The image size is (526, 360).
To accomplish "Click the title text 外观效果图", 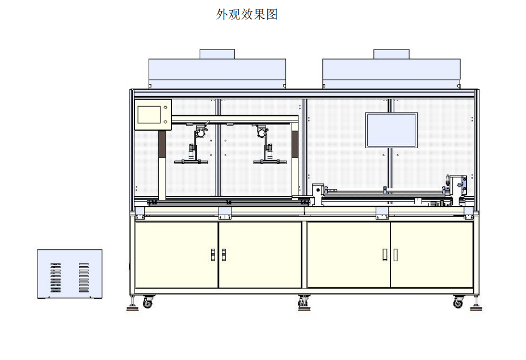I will coord(247,15).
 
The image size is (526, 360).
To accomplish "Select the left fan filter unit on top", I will coord(217,73).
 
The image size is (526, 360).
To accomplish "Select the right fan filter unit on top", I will coord(392,73).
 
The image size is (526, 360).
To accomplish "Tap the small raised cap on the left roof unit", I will coord(217,54).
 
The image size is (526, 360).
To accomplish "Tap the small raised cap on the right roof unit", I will coord(392,54).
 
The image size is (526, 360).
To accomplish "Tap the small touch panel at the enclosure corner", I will coord(153,115).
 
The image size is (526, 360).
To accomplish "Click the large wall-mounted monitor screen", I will coord(391,129).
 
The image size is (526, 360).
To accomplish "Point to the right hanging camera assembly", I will coord(266,145).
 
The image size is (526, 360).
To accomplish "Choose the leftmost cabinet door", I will coord(176,254).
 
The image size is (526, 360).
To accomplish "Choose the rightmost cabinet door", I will coord(431,254).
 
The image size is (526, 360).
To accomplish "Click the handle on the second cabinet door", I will coord(223,255).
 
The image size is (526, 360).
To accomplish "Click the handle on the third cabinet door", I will coord(385,255).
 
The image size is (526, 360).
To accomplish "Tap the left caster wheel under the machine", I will coord(148,303).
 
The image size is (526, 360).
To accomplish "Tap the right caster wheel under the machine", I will coord(458,303).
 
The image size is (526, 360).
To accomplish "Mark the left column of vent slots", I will coord(56,278).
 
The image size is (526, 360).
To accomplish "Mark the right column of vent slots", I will coord(84,278).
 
